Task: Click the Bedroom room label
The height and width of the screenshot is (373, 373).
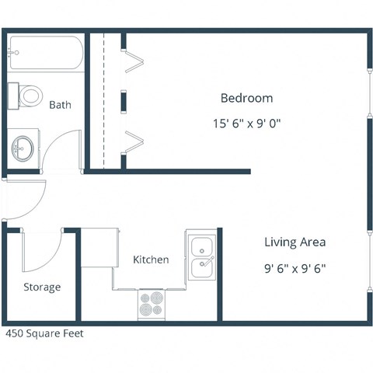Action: (246, 98)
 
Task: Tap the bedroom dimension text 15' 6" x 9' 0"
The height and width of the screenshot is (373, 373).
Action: (246, 123)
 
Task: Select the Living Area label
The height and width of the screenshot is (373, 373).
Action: (295, 242)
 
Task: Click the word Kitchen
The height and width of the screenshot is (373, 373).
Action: (151, 260)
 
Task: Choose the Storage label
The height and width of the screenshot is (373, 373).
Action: (41, 287)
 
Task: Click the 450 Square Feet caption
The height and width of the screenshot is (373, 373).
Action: (44, 333)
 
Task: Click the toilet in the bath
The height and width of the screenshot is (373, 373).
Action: (26, 96)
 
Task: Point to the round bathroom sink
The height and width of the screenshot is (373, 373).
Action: (23, 146)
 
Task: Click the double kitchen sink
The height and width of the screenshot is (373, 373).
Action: (202, 257)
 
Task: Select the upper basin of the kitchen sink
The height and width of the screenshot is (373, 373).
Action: (202, 247)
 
